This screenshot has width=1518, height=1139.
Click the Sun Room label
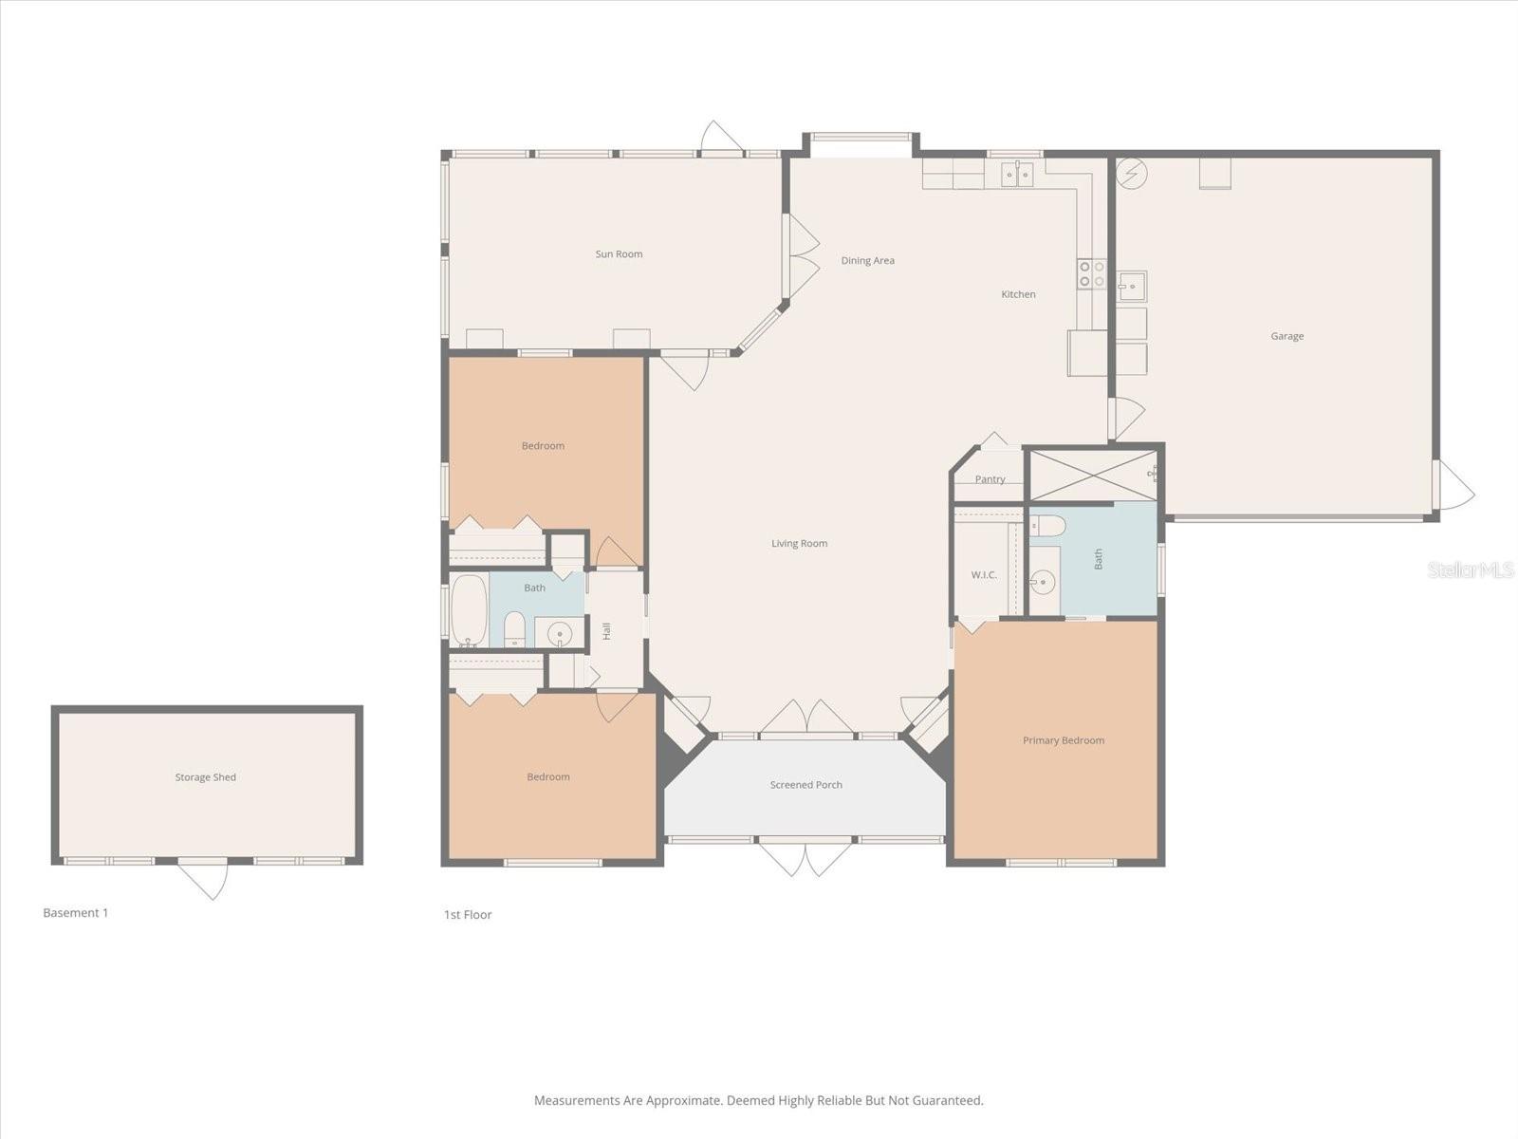coord(619,254)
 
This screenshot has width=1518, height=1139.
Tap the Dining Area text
coord(867,261)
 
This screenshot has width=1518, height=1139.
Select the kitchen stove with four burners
coord(1091,274)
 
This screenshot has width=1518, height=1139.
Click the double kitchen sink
coord(1017,174)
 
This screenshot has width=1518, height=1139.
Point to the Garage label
coord(1287,336)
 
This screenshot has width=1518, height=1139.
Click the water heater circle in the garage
coord(1131,173)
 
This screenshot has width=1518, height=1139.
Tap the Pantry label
coord(990,479)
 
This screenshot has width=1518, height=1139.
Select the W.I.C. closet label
coord(984,575)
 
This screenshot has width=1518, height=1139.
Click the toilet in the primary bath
coord(1046,525)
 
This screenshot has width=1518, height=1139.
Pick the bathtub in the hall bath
coord(469,610)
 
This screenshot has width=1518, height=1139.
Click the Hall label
coord(607,630)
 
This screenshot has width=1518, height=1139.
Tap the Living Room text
coord(799,544)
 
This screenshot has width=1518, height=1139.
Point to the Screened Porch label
coord(805,785)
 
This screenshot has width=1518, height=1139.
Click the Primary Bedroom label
coord(1063,740)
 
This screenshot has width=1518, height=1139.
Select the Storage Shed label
coord(205,777)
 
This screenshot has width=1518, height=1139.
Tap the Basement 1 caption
coord(76,913)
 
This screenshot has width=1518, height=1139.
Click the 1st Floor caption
coord(468,915)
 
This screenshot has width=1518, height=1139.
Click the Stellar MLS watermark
coord(1470,569)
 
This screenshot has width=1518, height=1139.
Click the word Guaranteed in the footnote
coord(949,1101)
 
